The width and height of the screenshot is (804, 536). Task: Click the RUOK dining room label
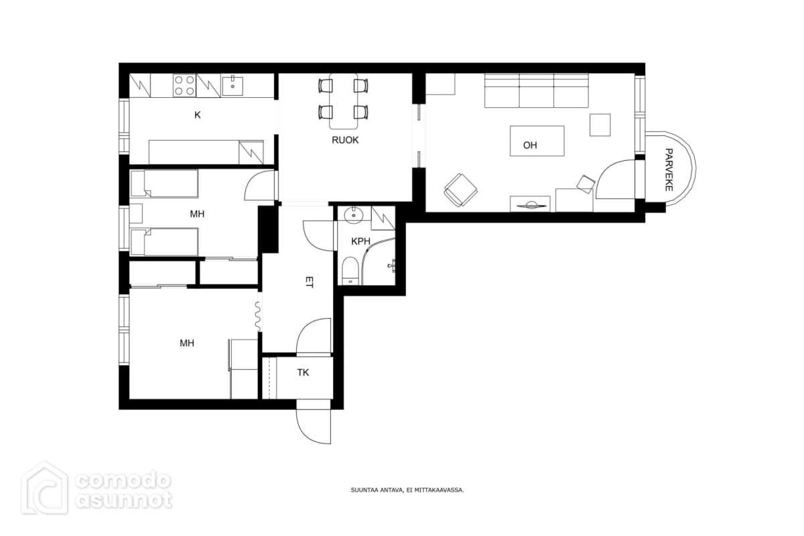(345, 140)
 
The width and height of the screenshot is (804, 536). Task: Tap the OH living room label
(530, 145)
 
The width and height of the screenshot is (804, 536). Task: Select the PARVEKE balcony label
(669, 170)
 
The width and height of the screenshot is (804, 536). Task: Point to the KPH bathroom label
(360, 242)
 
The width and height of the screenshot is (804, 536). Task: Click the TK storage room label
(303, 373)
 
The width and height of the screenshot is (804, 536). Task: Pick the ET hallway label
(309, 282)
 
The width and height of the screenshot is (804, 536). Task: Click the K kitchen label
(198, 115)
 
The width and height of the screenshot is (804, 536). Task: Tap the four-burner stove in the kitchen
(184, 86)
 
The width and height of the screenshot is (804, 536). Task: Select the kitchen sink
(232, 86)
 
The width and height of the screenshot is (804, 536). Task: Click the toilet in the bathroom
(350, 271)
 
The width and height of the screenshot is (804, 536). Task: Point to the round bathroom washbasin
(354, 214)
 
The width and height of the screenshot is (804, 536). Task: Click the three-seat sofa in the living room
(537, 90)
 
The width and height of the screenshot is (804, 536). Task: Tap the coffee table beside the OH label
(537, 141)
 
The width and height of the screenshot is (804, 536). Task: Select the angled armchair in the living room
(460, 190)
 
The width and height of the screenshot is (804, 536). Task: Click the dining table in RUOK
(344, 101)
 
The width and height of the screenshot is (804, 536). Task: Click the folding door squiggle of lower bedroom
(258, 316)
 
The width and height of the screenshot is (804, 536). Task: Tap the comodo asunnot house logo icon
(44, 488)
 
